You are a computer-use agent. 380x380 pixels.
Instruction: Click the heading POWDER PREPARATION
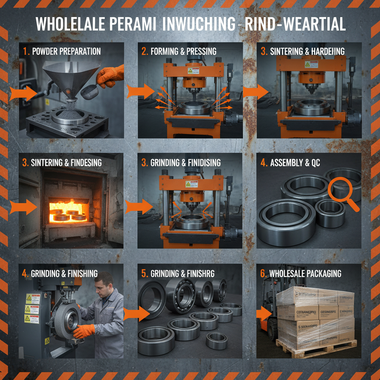point(66,51)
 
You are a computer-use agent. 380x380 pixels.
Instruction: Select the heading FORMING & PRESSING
point(183,51)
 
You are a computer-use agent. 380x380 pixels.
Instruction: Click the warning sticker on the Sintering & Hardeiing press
point(311,64)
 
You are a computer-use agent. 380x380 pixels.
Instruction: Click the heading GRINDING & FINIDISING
point(186,162)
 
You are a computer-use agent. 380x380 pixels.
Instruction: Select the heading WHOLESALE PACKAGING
point(305,273)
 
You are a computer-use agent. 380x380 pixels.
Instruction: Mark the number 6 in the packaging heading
point(262,273)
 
